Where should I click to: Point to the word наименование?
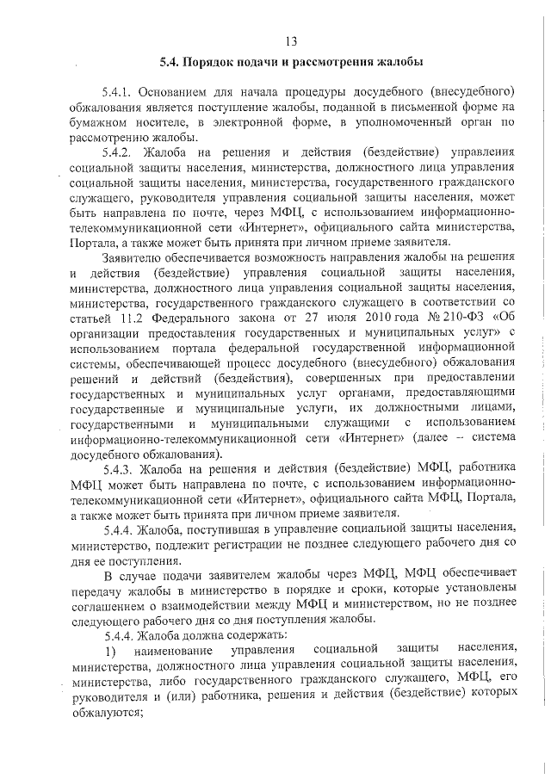click(171, 651)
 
